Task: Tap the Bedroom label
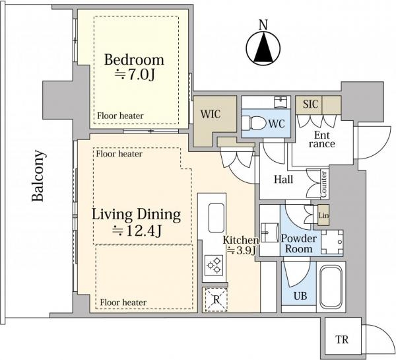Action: tap(134, 60)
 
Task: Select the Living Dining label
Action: tap(136, 215)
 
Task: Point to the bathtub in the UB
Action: tap(331, 287)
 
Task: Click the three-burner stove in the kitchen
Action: tap(214, 265)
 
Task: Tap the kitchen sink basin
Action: tap(216, 218)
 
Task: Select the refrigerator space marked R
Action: tap(216, 300)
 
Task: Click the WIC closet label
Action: tap(211, 114)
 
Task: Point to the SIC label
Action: tap(310, 104)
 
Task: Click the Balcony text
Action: tap(38, 176)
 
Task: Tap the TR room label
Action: tap(342, 340)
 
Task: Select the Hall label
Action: tap(284, 179)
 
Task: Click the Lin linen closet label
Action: tap(323, 215)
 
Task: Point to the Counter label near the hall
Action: tap(323, 184)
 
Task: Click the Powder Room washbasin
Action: tap(269, 233)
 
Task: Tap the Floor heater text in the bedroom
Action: tap(120, 116)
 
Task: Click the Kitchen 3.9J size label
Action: tap(241, 245)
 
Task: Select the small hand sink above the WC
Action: tap(280, 102)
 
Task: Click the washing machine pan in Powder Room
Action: tap(332, 242)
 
